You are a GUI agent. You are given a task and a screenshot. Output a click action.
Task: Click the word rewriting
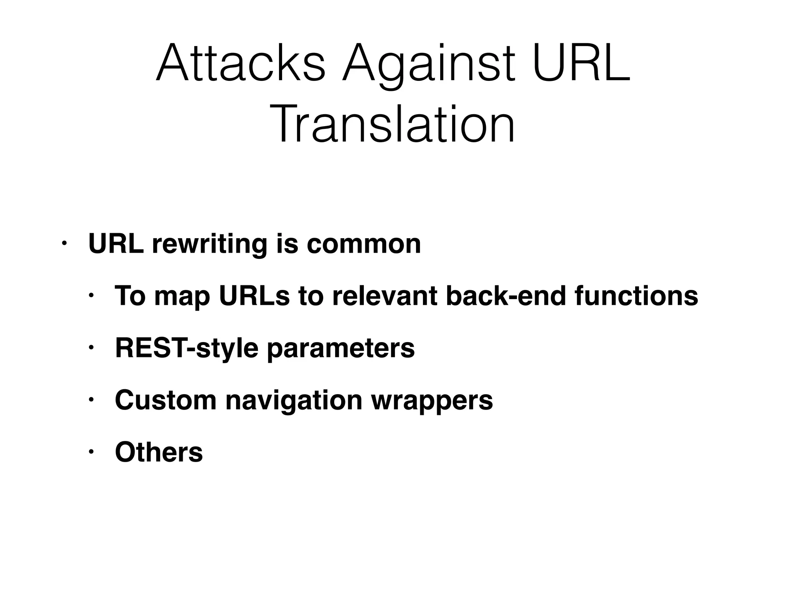coord(210,245)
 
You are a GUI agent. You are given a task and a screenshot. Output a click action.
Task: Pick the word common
coord(363,245)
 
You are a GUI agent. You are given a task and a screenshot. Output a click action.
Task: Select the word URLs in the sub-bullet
coord(254,296)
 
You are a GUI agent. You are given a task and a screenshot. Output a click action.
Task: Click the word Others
coord(159,452)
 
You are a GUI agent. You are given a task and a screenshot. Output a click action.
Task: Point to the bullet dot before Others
coord(91,451)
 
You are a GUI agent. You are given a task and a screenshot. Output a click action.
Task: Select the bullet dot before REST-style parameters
coord(91,347)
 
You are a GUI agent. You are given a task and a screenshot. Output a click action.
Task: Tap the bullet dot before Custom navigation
coord(91,400)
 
